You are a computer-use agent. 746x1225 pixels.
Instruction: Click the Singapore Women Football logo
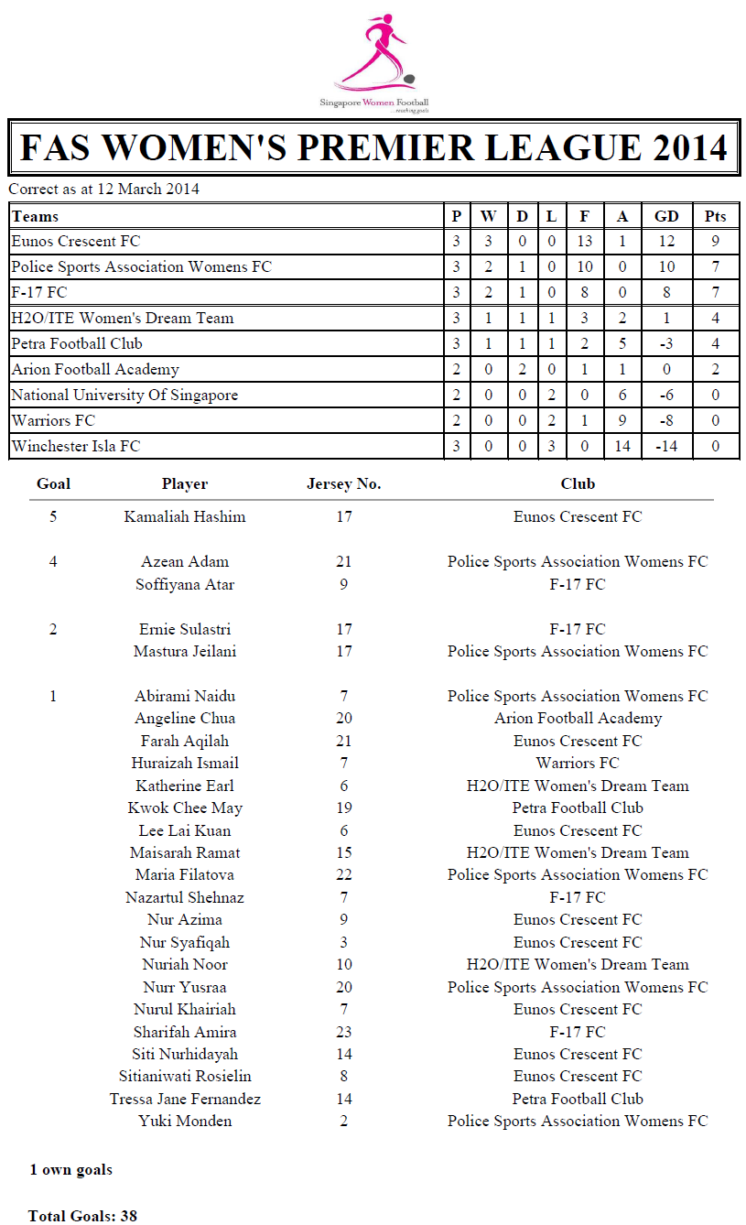[x=373, y=60]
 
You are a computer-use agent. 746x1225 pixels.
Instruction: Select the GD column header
[x=666, y=216]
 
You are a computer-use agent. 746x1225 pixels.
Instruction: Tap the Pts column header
[x=715, y=216]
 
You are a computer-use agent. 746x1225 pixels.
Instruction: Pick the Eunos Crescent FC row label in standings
[x=76, y=242]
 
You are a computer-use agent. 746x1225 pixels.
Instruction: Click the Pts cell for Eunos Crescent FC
[x=715, y=242]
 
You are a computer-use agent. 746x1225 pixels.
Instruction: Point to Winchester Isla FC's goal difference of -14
[x=666, y=447]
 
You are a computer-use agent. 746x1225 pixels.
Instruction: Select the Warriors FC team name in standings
[x=53, y=421]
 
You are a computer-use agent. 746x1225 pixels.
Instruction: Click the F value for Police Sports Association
[x=585, y=267]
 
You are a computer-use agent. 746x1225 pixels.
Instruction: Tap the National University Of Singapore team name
[x=124, y=396]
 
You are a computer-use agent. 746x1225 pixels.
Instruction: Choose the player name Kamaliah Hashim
[x=185, y=517]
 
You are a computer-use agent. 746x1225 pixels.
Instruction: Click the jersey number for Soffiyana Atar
[x=344, y=584]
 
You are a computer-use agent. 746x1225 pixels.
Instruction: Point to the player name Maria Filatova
[x=185, y=875]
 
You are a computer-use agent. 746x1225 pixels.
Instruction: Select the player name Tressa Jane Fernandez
[x=185, y=1100]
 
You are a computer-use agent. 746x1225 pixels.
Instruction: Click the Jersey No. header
[x=344, y=484]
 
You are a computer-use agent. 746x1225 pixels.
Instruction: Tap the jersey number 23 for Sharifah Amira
[x=344, y=1032]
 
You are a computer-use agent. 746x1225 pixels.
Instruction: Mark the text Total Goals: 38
[x=82, y=1216]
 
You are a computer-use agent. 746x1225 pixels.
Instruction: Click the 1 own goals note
[x=71, y=1169]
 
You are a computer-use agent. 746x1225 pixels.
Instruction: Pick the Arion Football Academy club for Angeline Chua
[x=578, y=719]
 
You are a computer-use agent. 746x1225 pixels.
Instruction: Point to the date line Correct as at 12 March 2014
[x=104, y=190]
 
